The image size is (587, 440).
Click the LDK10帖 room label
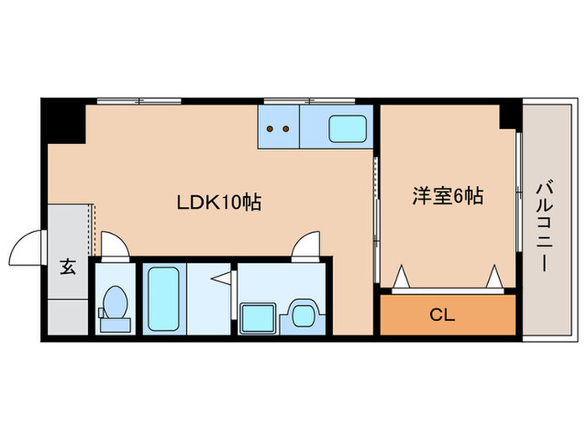(x=219, y=203)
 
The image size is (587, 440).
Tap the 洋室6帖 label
(x=448, y=195)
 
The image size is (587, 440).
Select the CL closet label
(x=442, y=315)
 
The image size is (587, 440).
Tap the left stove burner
(x=269, y=129)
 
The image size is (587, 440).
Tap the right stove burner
(x=286, y=129)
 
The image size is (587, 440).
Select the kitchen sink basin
(x=347, y=129)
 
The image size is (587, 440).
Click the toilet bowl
(x=116, y=303)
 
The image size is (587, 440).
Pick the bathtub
(x=164, y=299)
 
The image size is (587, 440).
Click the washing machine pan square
(x=258, y=318)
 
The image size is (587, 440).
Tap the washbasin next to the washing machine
(x=303, y=316)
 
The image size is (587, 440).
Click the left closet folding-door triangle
(x=402, y=276)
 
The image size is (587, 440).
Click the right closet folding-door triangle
(x=495, y=276)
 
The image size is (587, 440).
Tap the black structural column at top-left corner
(x=64, y=121)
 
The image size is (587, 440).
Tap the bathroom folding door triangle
(x=222, y=279)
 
